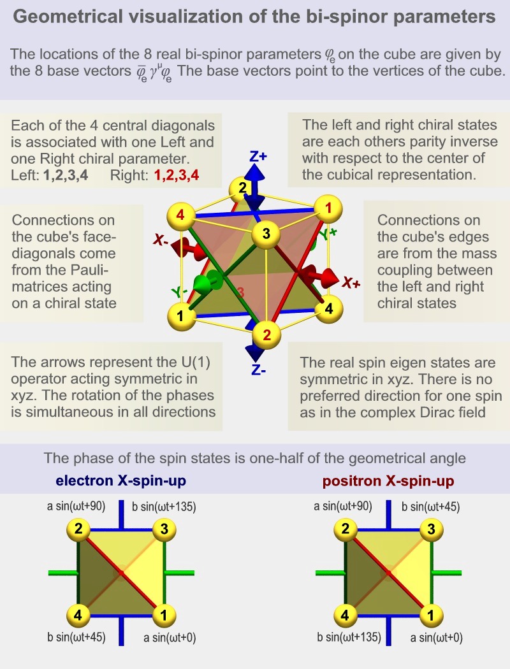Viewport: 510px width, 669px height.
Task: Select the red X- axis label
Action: click(161, 241)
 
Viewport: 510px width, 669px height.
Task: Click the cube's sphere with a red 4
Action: click(182, 215)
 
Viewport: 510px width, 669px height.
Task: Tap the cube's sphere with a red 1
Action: click(328, 208)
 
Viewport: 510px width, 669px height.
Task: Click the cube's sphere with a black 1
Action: click(181, 315)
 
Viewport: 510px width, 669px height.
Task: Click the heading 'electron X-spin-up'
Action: click(116, 479)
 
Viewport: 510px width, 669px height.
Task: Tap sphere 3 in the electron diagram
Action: click(164, 529)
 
